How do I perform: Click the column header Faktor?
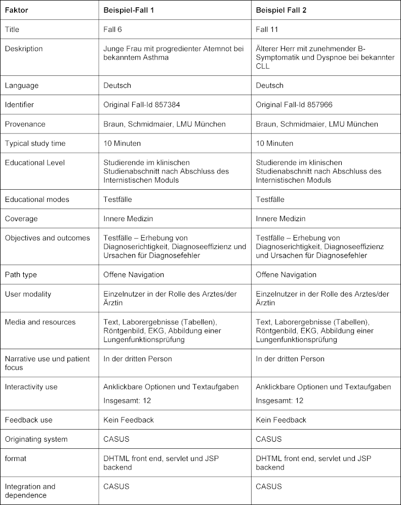(x=16, y=10)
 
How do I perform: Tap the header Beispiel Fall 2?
(x=282, y=10)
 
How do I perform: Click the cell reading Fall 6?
(x=112, y=30)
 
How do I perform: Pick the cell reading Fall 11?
(x=266, y=30)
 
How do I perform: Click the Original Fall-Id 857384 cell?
(x=141, y=105)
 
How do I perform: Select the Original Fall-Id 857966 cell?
(x=294, y=105)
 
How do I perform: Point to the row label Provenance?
(x=25, y=124)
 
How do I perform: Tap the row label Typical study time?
(x=35, y=143)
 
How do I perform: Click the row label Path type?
(x=21, y=275)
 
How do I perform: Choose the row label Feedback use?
(x=28, y=419)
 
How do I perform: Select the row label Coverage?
(x=21, y=219)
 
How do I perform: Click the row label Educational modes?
(x=37, y=199)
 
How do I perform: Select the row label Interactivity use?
(x=31, y=387)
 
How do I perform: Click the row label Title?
(x=13, y=30)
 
